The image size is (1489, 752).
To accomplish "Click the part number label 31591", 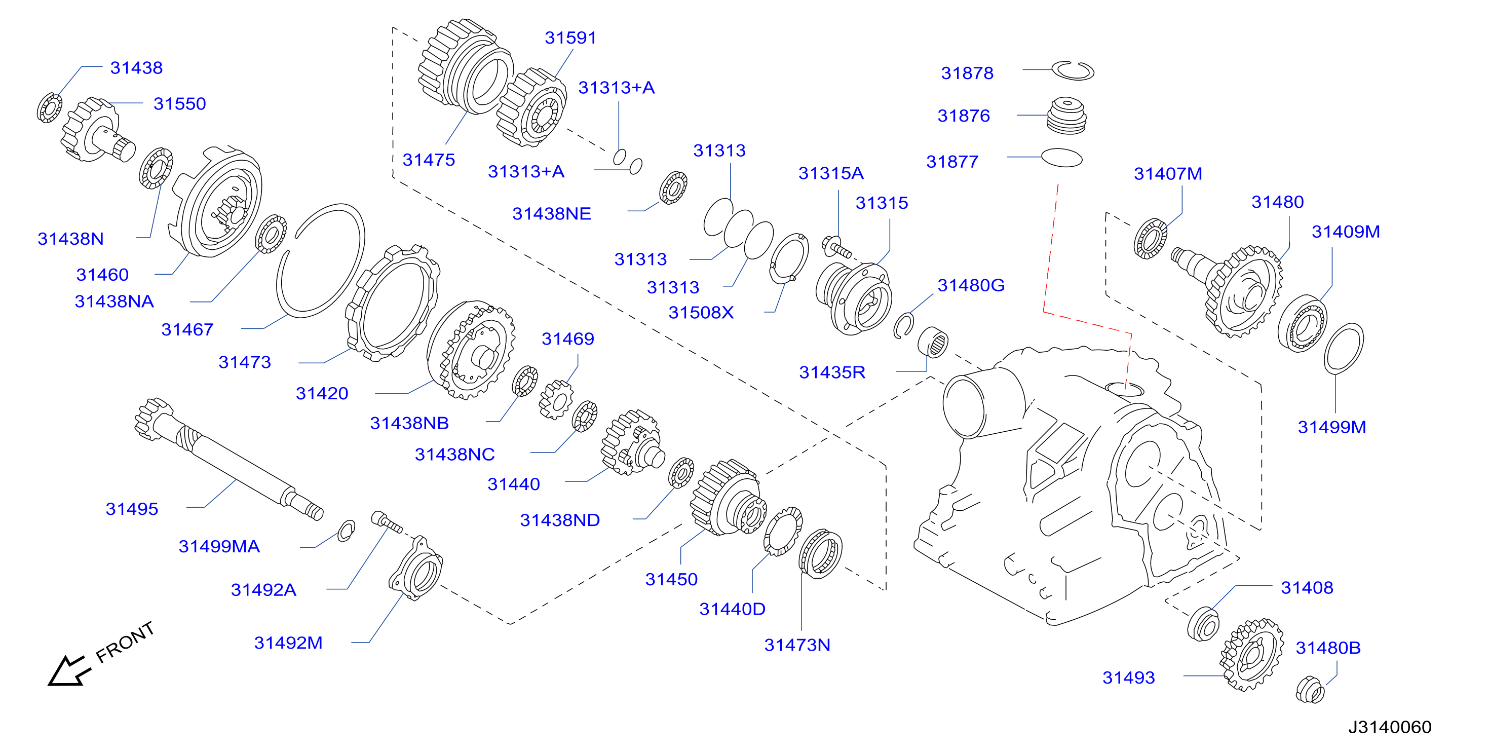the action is click(570, 37).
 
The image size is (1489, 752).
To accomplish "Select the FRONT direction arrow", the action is click(69, 671).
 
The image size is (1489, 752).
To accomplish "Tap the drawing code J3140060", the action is click(1390, 727).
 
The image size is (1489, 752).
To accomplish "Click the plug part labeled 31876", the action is click(1066, 116).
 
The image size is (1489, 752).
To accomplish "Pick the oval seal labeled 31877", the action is click(1061, 158).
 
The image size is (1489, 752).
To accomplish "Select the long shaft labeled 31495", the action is click(228, 460).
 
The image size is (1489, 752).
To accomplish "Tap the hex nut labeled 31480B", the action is click(1310, 690).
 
